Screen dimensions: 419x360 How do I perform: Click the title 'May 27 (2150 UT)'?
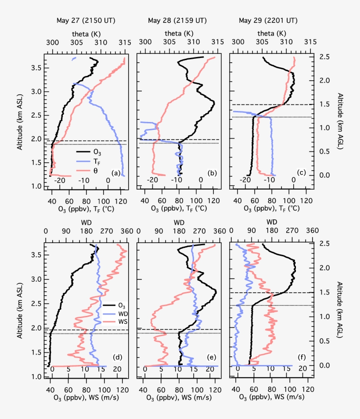click(83, 21)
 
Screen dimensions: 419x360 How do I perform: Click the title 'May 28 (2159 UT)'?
click(177, 21)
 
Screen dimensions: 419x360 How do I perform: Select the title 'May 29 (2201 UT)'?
click(268, 21)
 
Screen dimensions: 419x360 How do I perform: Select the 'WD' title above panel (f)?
click(272, 222)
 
